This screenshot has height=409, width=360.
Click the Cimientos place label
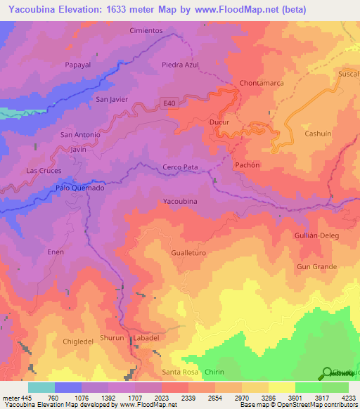pos(146,31)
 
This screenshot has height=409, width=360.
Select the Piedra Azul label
pos(180,65)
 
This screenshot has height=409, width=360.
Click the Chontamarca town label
pos(262,83)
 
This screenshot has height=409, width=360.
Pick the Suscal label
pos(348,73)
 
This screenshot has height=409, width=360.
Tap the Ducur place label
pos(220,122)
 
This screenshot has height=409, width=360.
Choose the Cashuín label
pos(318,134)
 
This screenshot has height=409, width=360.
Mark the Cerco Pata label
pos(181,167)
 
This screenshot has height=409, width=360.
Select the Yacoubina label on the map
pos(180,202)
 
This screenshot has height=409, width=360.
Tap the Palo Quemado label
pos(80,188)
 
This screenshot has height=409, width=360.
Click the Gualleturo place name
pos(188,252)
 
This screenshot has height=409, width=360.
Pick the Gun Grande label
pos(317,267)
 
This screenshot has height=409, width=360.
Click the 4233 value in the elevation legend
pos(348,398)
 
